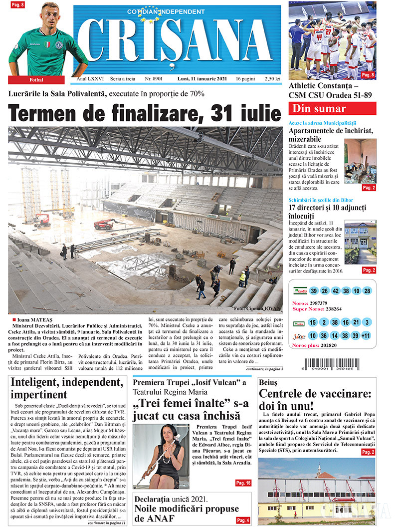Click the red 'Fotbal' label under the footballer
[36, 80]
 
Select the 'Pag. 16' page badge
[243, 483]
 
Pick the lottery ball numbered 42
[335, 291]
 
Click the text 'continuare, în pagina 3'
[264, 369]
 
